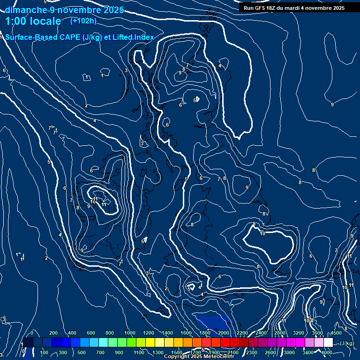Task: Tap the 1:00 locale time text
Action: coord(33,21)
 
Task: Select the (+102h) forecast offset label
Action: coord(83,21)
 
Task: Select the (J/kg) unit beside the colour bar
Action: coord(346,343)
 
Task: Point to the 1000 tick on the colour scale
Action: coord(129,333)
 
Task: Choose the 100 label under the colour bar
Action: coord(44,352)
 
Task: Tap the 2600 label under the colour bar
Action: coord(270,352)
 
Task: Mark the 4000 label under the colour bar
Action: coord(327,352)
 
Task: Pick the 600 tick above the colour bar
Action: coord(91,333)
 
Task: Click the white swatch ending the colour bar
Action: coord(328,343)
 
